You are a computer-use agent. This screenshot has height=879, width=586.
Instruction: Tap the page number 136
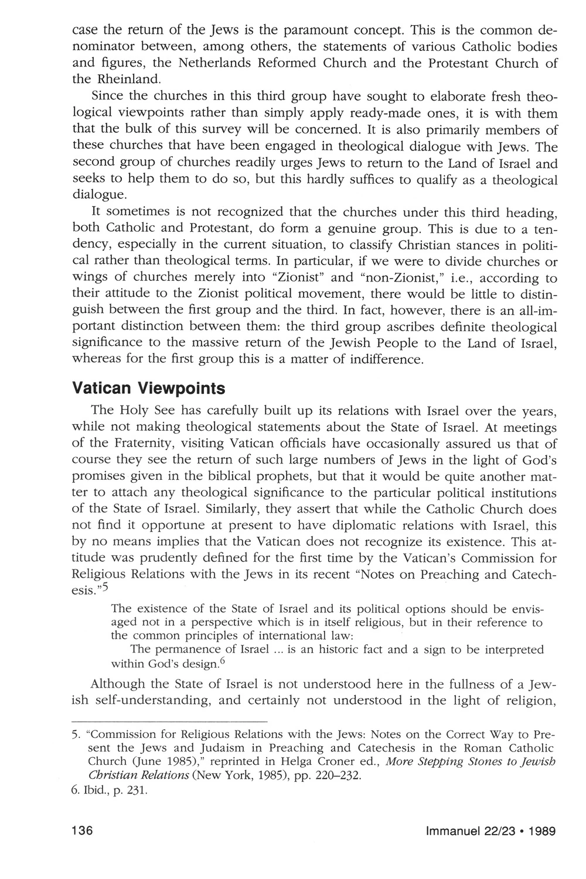pyautogui.click(x=84, y=832)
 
